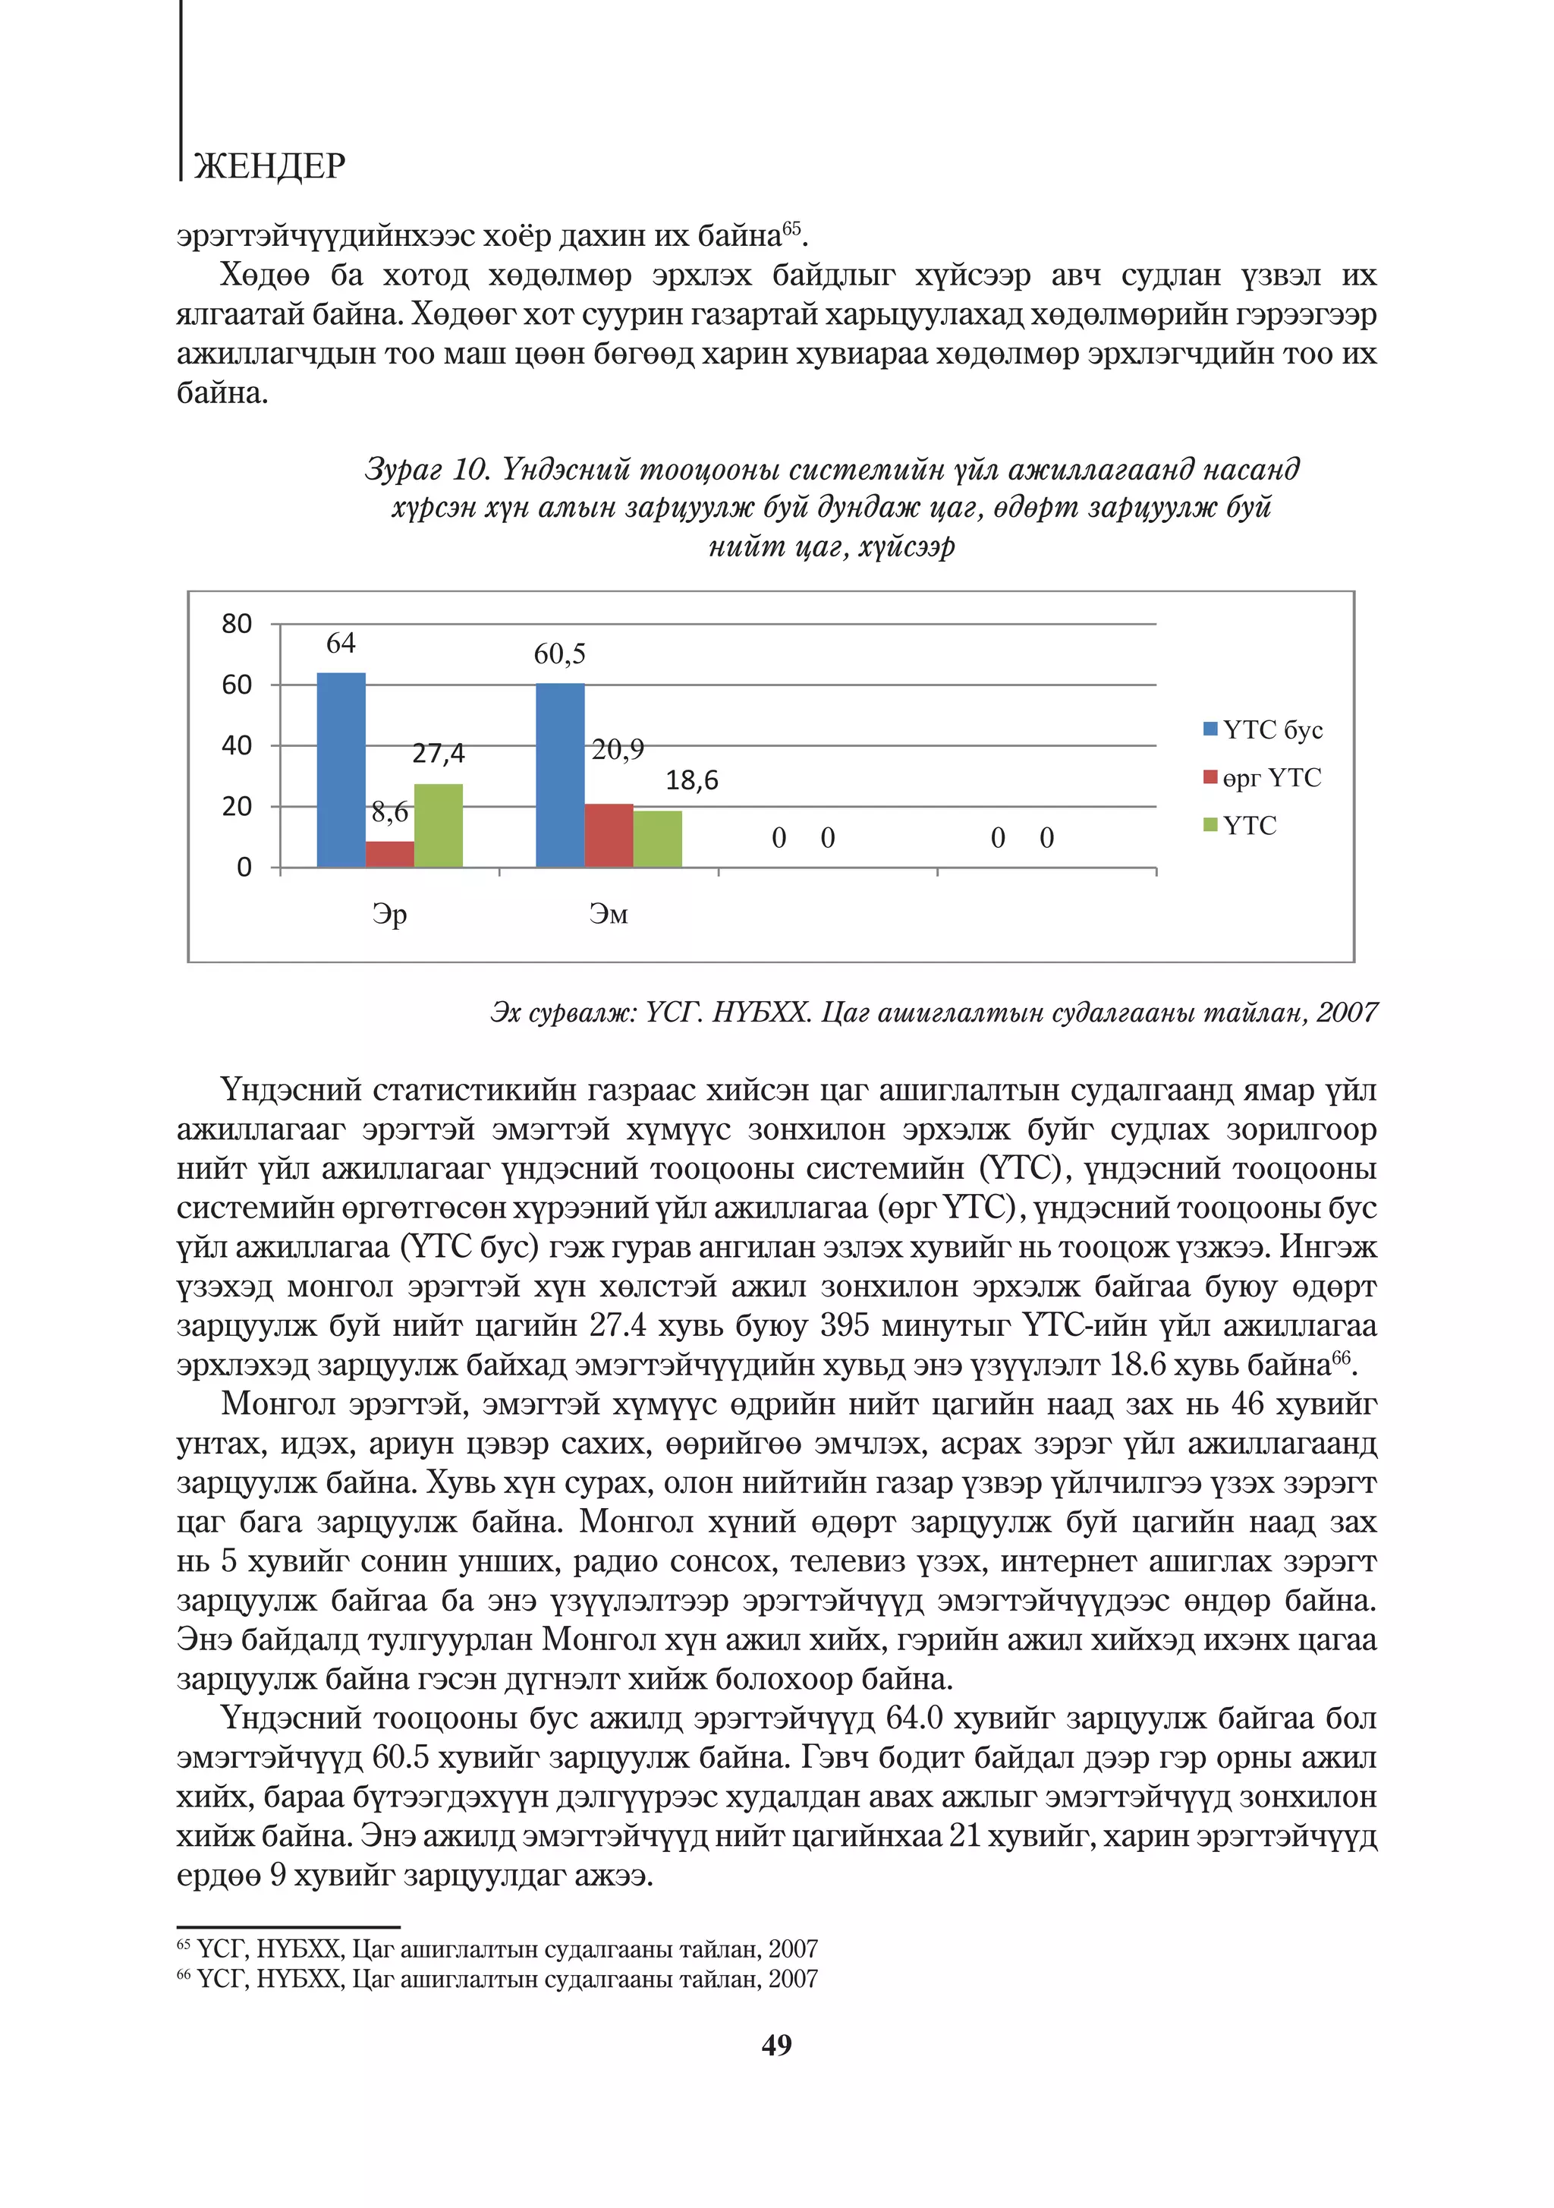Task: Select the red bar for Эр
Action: click(x=389, y=854)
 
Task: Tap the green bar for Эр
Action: click(x=439, y=825)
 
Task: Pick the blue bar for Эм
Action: click(x=560, y=775)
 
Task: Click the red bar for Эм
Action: click(x=609, y=835)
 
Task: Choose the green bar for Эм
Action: click(x=658, y=839)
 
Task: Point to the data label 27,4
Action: click(x=439, y=753)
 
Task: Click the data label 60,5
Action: click(x=560, y=654)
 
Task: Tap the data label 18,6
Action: click(x=692, y=780)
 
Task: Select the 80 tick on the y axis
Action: click(x=237, y=624)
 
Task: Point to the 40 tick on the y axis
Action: click(x=237, y=745)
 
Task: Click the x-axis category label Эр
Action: click(x=389, y=914)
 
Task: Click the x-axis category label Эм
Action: click(x=609, y=914)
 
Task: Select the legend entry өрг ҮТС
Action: click(x=1271, y=778)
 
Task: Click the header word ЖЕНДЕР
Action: click(x=269, y=166)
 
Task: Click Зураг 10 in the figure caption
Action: click(x=427, y=468)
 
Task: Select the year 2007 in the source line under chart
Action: click(x=1346, y=1013)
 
